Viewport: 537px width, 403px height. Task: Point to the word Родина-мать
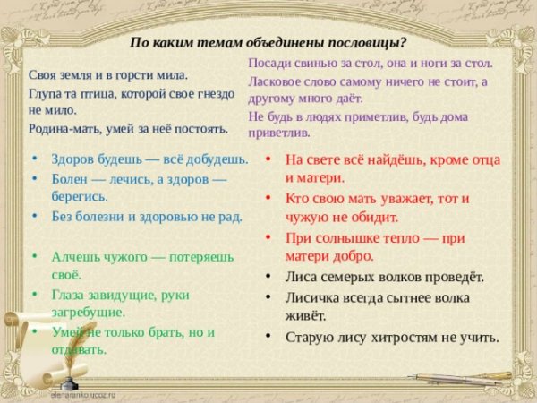64,128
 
